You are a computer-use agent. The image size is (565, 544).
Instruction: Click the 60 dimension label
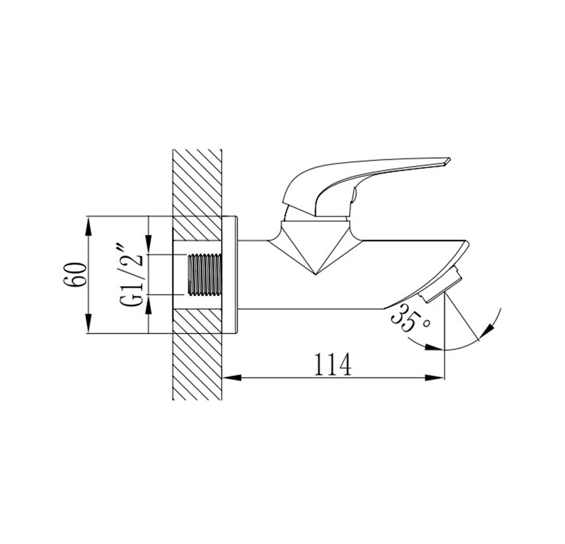point(76,275)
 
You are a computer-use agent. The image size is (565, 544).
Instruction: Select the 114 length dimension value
point(333,364)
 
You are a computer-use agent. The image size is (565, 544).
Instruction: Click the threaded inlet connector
point(204,275)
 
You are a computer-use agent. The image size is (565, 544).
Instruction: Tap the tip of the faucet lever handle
point(449,159)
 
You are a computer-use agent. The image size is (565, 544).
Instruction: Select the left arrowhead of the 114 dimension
point(232,378)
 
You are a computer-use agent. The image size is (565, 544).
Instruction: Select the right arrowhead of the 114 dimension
point(435,378)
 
